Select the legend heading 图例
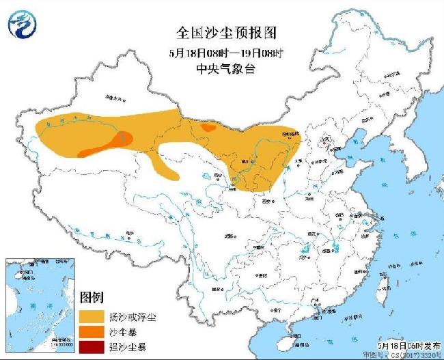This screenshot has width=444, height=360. [x=91, y=297]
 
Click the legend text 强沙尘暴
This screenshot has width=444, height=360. [x=128, y=348]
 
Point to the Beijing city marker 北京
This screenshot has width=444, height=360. [x=324, y=141]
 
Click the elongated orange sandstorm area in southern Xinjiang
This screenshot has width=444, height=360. [x=106, y=146]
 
